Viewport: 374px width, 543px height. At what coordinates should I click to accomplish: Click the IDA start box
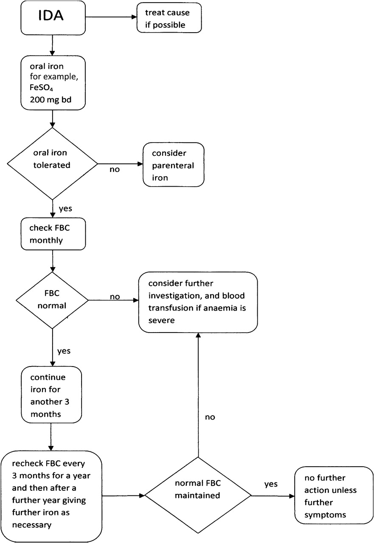click(53, 18)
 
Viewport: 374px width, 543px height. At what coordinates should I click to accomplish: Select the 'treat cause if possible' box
click(169, 18)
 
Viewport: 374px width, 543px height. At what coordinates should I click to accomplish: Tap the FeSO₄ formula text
click(41, 88)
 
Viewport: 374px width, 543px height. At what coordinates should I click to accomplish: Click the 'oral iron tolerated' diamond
click(52, 164)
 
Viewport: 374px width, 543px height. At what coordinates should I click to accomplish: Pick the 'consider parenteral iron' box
click(174, 165)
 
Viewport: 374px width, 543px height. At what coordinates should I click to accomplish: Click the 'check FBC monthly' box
click(53, 234)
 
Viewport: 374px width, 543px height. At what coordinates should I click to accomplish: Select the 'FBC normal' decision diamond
click(52, 300)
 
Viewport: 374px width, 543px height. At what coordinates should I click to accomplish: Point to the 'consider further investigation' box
click(198, 302)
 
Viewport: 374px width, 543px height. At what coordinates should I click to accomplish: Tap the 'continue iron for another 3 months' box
click(51, 395)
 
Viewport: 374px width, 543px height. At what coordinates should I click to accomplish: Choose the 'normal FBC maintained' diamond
click(198, 496)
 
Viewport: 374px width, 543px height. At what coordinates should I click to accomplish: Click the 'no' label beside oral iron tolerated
click(115, 169)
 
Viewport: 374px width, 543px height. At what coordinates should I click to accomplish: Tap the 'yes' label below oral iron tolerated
click(65, 209)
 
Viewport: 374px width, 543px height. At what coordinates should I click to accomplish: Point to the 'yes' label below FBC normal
click(64, 351)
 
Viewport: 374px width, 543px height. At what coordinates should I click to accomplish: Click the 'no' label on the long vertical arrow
click(210, 417)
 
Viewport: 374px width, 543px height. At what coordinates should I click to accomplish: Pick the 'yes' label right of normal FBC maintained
click(271, 484)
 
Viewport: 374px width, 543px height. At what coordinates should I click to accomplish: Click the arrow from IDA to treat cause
click(111, 17)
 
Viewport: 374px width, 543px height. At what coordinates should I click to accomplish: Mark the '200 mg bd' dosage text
click(51, 100)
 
